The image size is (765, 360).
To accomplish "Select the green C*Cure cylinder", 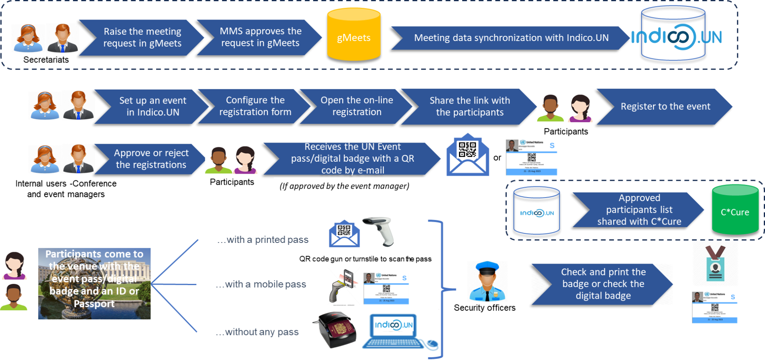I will click(x=735, y=210).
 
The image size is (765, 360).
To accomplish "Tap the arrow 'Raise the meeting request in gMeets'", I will click(x=142, y=37).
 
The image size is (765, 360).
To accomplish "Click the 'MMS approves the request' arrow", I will click(x=260, y=37).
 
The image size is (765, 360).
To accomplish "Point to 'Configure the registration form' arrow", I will click(x=255, y=106).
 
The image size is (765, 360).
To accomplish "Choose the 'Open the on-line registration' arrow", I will click(x=357, y=106).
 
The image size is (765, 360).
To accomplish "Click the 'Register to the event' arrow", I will click(x=665, y=107).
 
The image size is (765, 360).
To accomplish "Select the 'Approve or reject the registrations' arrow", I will click(x=151, y=159).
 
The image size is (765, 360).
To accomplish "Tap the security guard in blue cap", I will click(x=487, y=282).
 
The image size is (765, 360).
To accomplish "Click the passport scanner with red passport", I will click(x=337, y=330).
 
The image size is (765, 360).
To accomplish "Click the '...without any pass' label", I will click(x=257, y=332).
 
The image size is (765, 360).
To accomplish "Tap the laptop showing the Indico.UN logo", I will click(x=398, y=331).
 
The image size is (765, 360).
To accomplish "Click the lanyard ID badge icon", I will click(x=715, y=263).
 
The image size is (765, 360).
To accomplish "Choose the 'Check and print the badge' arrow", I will click(x=603, y=284).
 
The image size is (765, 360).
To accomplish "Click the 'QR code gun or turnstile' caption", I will click(x=365, y=259).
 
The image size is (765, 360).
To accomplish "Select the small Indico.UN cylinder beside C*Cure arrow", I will click(x=537, y=211).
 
